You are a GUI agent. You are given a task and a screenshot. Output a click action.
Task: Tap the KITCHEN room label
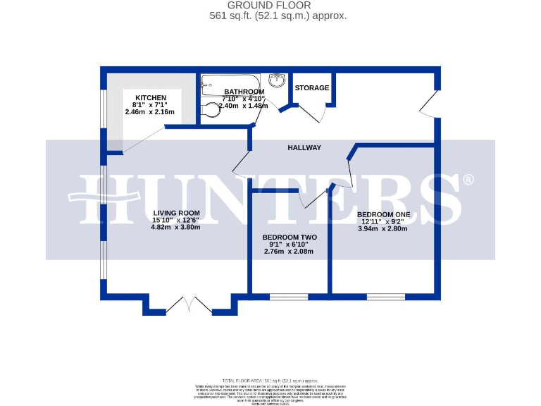[x=151, y=97]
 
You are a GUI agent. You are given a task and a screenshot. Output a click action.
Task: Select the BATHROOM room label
[x=244, y=92]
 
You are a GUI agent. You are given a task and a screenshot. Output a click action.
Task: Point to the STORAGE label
[x=312, y=88]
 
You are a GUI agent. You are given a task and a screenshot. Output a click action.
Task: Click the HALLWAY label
[x=304, y=147]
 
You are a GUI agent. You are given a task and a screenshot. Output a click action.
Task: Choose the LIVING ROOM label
[x=176, y=213]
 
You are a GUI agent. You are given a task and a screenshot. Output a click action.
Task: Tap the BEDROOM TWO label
[x=289, y=238]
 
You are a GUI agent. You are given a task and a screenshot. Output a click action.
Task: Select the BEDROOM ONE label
[x=383, y=214]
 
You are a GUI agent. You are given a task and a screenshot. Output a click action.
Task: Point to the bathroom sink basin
[x=276, y=80]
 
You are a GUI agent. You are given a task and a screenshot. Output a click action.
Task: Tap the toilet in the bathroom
[x=210, y=111]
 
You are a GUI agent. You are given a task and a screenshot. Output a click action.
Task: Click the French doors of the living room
[x=188, y=306]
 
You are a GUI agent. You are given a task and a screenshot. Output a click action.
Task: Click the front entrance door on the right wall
[x=428, y=105]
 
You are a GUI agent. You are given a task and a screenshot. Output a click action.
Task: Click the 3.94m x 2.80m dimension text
[x=383, y=228]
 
